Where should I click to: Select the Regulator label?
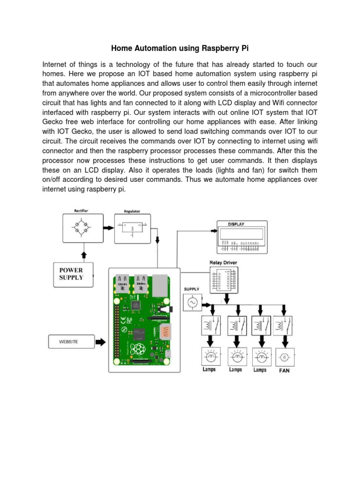pos(132,211)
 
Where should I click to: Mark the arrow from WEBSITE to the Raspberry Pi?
pos(100,342)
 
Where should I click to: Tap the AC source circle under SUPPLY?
pos(192,304)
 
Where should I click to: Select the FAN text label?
pos(285,370)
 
